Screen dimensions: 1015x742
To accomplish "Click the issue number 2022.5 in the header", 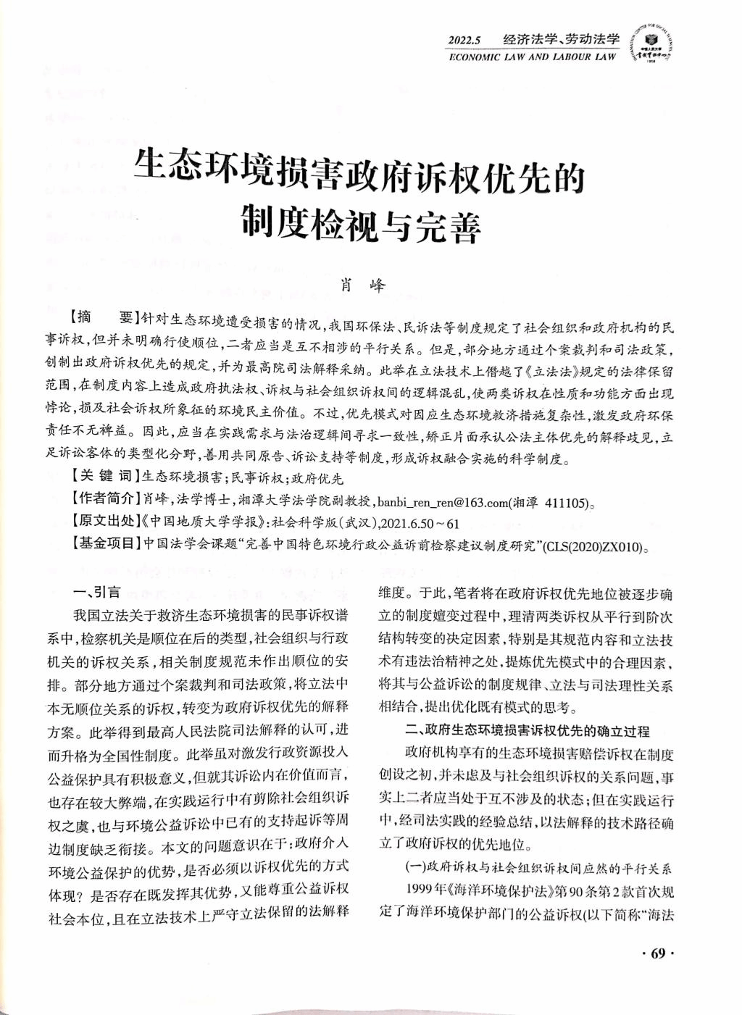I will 465,40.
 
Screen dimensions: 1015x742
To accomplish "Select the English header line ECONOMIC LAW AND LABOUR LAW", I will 533,57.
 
